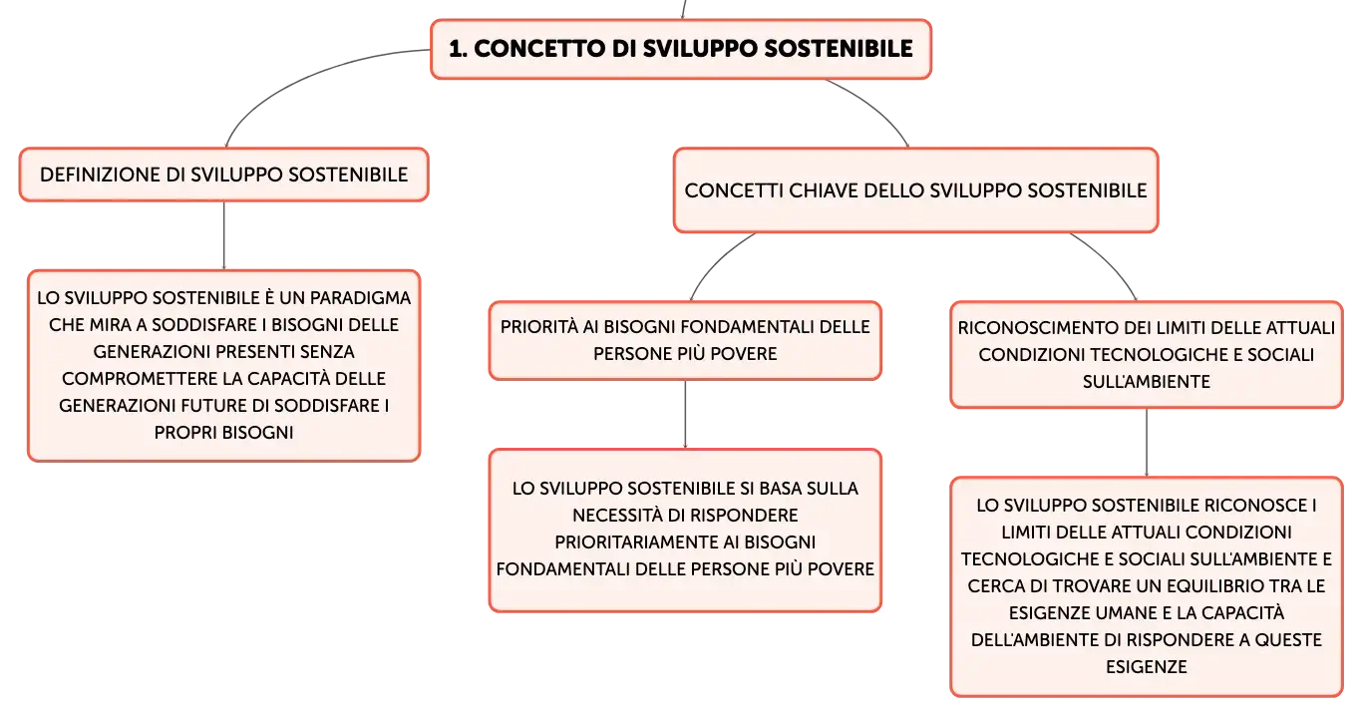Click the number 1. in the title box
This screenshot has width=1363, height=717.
tap(458, 49)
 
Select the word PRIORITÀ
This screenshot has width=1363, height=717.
tap(539, 327)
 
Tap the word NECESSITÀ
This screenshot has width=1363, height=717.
tap(616, 516)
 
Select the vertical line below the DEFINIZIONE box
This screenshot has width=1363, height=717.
tap(224, 235)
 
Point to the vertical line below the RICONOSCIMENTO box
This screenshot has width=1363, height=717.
tap(1147, 443)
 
